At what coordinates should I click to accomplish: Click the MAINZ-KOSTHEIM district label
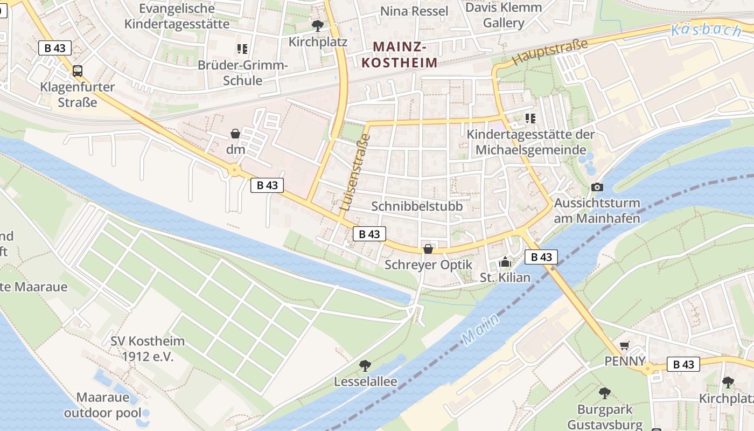click(x=399, y=54)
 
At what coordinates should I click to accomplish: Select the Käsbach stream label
click(x=706, y=30)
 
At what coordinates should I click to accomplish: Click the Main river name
click(x=480, y=328)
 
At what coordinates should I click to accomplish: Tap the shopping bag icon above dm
click(x=235, y=133)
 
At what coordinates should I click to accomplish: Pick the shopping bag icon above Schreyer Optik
click(x=428, y=249)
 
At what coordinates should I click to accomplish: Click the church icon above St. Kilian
click(x=505, y=262)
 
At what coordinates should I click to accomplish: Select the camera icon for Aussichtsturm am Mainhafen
click(x=597, y=187)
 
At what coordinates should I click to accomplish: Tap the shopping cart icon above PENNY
click(x=625, y=345)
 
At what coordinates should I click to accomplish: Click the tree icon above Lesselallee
click(x=365, y=366)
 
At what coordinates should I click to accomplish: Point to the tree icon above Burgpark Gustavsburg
click(x=605, y=393)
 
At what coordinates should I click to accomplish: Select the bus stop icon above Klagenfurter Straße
click(x=78, y=71)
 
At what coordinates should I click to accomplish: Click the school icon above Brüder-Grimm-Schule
click(x=242, y=49)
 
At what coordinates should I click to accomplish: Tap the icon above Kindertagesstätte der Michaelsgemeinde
click(x=530, y=118)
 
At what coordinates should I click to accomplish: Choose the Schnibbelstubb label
click(x=417, y=206)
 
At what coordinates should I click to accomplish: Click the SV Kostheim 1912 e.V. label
click(x=148, y=349)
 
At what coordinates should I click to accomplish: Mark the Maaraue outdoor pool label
click(x=102, y=405)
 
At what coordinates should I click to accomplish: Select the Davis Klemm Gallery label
click(x=504, y=15)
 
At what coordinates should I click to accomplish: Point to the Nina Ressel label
click(x=414, y=11)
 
